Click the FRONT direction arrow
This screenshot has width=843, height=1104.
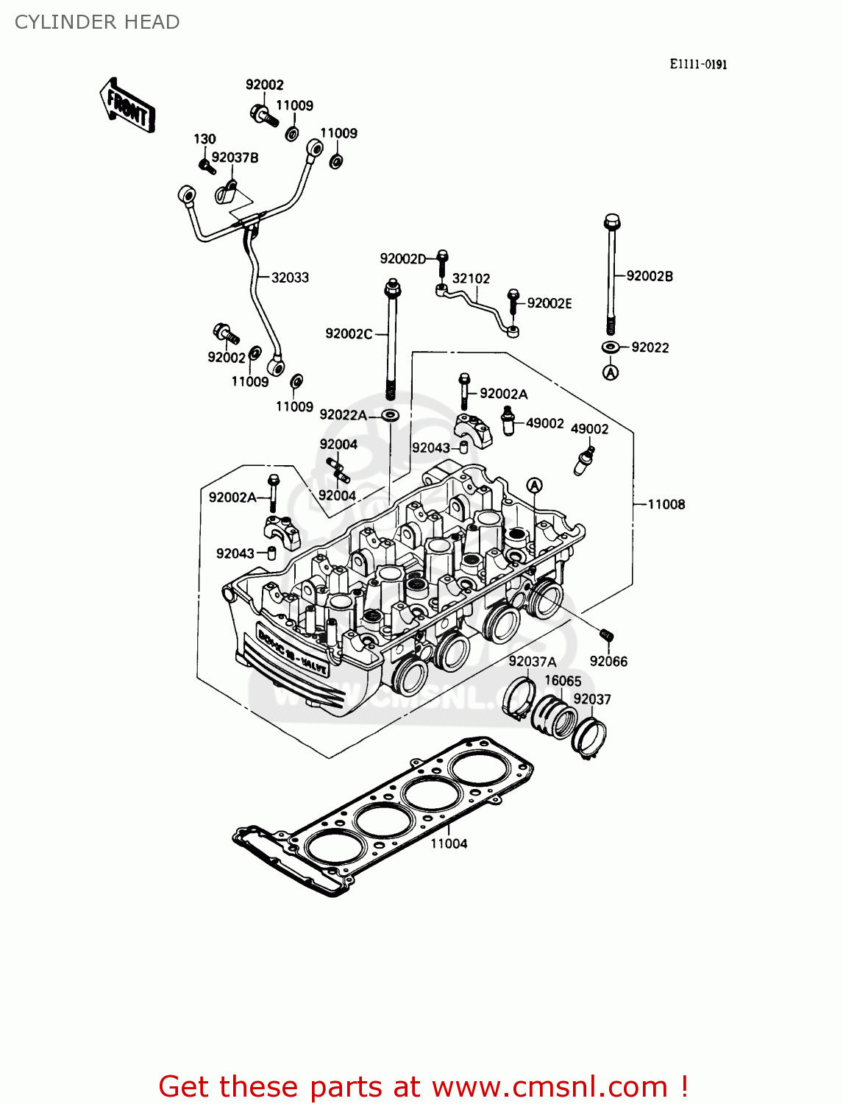127,106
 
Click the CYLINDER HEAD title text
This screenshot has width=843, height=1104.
97,22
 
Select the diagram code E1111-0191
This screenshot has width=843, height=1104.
697,64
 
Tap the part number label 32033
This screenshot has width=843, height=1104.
290,277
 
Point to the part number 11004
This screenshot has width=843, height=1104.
449,843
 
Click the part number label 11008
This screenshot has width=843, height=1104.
666,504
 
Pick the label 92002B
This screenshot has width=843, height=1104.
650,276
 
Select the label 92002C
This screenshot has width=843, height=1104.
349,333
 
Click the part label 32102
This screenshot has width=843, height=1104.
471,278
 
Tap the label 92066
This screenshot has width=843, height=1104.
608,661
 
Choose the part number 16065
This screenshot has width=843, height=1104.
563,681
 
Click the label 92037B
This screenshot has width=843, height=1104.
235,158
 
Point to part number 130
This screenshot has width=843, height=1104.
204,139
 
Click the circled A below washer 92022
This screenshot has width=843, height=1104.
611,372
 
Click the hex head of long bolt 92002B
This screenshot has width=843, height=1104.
611,221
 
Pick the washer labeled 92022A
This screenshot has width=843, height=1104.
391,416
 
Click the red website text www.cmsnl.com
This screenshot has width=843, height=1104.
549,1086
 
